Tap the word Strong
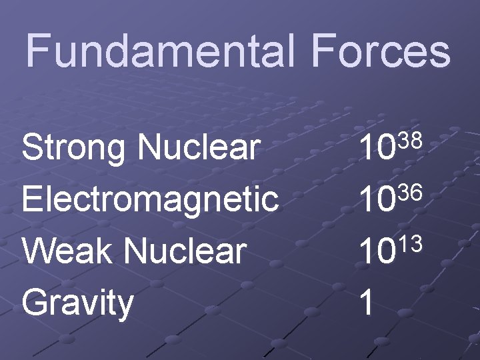click(x=74, y=147)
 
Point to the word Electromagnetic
click(x=150, y=199)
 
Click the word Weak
click(x=67, y=250)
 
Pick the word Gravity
click(x=78, y=302)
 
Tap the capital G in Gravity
click(x=35, y=302)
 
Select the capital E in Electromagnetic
click(x=32, y=199)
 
